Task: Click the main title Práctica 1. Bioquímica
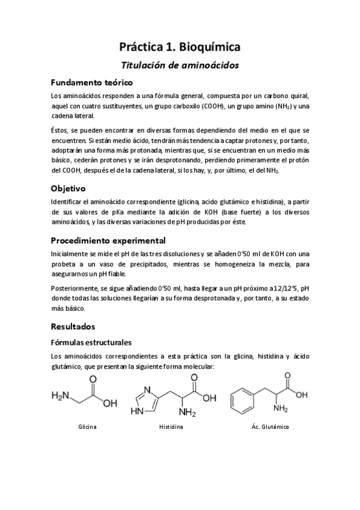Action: coord(180,46)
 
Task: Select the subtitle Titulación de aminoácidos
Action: coord(180,65)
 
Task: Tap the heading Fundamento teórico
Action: coord(91,82)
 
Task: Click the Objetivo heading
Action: coord(69,188)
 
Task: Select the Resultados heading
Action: coord(73,327)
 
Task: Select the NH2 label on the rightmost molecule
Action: coord(281,409)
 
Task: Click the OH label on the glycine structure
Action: coord(110,404)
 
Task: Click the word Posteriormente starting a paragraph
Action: coord(74,287)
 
